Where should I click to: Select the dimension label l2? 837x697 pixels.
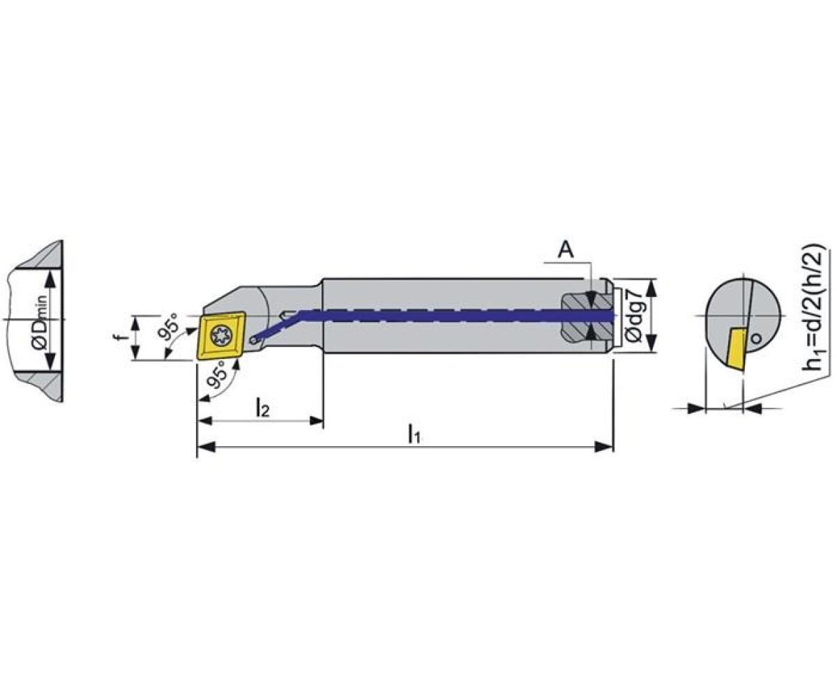262,408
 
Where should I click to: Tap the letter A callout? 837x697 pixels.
566,250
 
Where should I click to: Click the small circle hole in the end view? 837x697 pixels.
756,339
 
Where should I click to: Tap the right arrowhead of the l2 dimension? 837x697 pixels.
316,420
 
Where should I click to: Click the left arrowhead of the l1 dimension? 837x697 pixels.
205,446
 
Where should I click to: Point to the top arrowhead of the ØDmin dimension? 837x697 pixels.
50,279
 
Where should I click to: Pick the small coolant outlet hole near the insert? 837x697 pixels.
254,339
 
